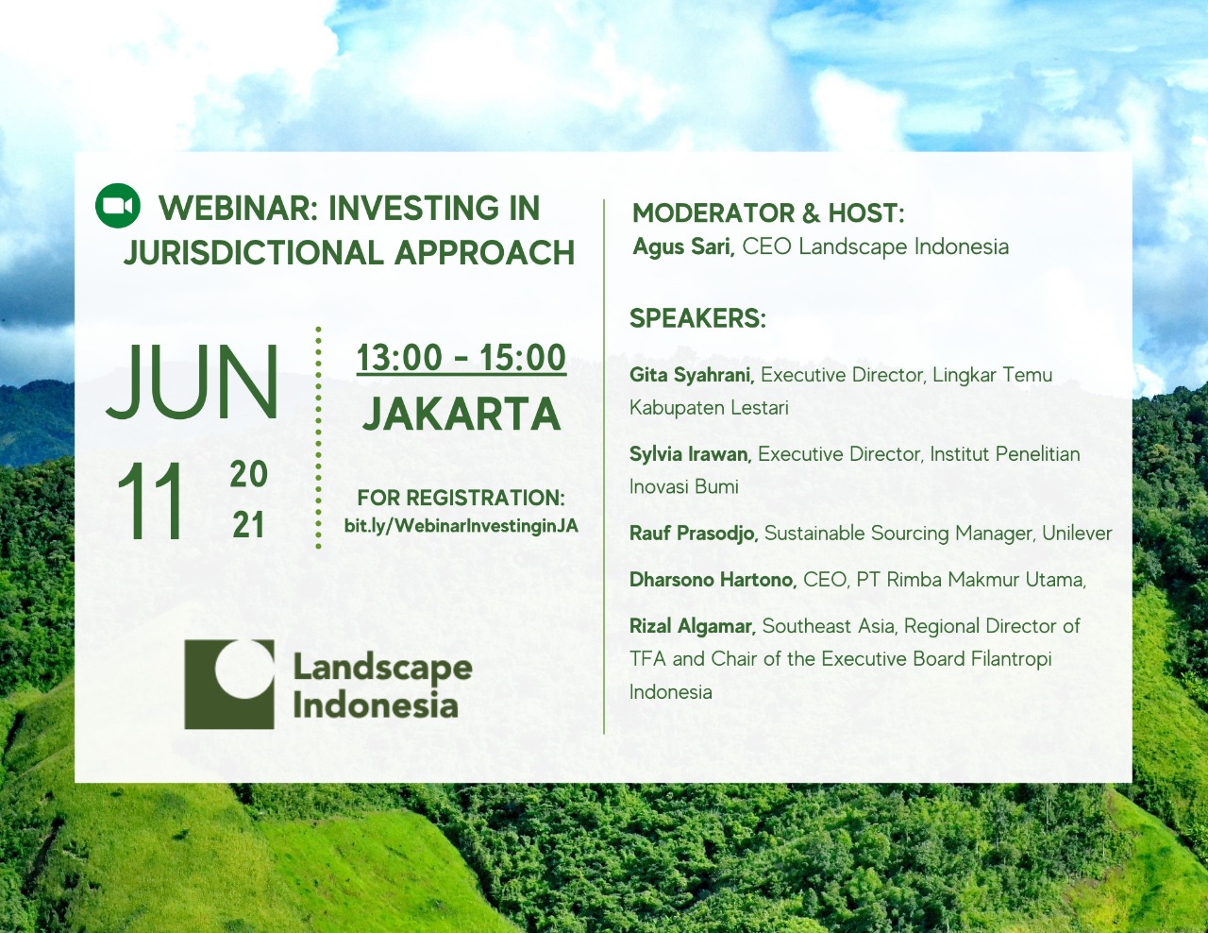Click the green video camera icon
[x=117, y=205]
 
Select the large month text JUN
[x=192, y=382]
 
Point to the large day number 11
[x=149, y=501]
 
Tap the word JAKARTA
[x=461, y=414]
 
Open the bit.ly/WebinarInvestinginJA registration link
[x=461, y=526]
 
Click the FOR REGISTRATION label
[x=461, y=499]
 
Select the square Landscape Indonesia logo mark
[x=229, y=684]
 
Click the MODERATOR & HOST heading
[x=768, y=213]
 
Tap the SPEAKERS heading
[x=697, y=318]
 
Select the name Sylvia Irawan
[x=691, y=454]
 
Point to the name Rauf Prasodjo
[x=694, y=534]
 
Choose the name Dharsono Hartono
[x=713, y=580]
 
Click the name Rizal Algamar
[x=693, y=627]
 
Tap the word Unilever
[x=1077, y=534]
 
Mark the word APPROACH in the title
[x=484, y=253]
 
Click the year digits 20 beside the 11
[x=249, y=474]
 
